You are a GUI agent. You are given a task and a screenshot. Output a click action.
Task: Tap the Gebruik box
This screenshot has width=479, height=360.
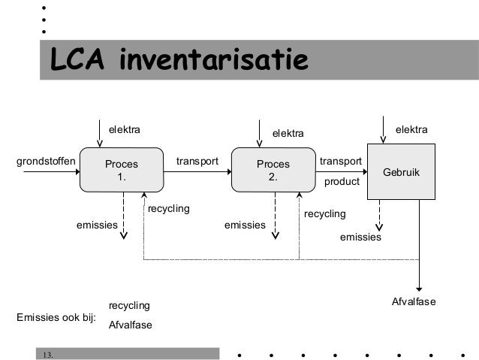click(x=402, y=172)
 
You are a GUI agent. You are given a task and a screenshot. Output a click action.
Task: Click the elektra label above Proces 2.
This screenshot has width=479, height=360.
click(x=288, y=134)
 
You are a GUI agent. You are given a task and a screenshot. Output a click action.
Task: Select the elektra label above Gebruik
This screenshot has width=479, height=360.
click(x=411, y=130)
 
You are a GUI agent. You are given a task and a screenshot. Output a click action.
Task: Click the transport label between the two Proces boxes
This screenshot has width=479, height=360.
click(x=197, y=161)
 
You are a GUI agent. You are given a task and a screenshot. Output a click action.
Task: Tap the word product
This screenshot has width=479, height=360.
click(x=342, y=182)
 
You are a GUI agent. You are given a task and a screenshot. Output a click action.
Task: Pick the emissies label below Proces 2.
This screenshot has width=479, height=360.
click(x=246, y=225)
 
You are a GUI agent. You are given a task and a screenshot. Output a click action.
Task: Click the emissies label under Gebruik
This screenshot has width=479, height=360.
click(x=360, y=237)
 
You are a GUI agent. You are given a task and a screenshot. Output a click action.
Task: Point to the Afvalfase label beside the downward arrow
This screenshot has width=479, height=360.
click(x=414, y=301)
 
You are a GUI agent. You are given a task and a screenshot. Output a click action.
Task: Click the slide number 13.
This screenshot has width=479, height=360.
click(x=48, y=354)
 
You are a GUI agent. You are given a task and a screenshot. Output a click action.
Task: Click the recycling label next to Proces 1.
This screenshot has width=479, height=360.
click(x=169, y=207)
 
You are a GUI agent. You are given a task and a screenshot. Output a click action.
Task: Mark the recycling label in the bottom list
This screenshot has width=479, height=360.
click(x=129, y=305)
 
